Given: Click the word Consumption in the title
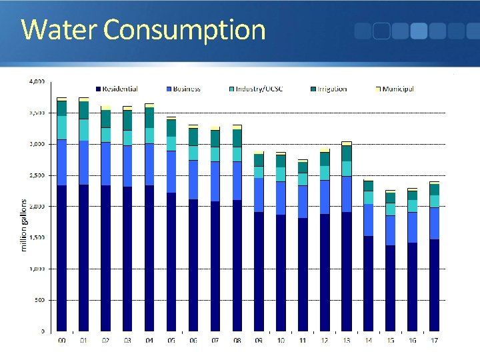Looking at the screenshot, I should click(x=185, y=30).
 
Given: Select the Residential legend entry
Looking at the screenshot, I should click(x=120, y=89).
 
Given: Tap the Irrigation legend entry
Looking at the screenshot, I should click(x=331, y=89).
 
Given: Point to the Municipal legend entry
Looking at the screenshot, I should click(x=398, y=89).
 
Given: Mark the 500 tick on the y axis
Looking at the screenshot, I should click(x=40, y=300).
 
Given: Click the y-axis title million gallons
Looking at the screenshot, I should click(x=24, y=225).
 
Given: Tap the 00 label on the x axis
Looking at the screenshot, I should click(x=61, y=341).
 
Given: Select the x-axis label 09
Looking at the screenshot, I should click(x=259, y=341).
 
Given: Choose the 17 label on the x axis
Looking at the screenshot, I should click(x=434, y=341).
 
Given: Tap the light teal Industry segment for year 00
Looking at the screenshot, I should click(x=61, y=127).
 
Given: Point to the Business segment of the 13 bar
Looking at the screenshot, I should click(x=346, y=194).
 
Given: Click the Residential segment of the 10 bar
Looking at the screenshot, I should click(x=281, y=273).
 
